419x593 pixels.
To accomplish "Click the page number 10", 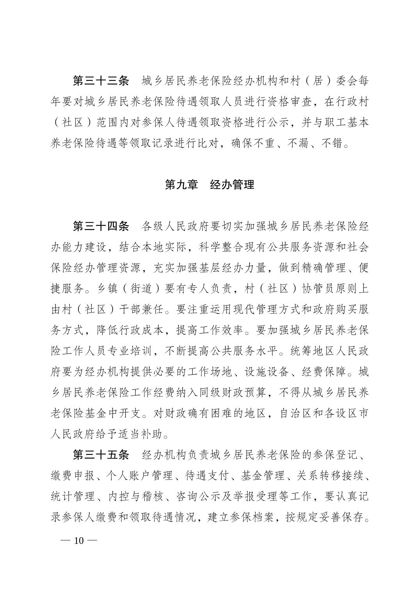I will [79, 540].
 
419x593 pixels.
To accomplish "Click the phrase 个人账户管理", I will [135, 476].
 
